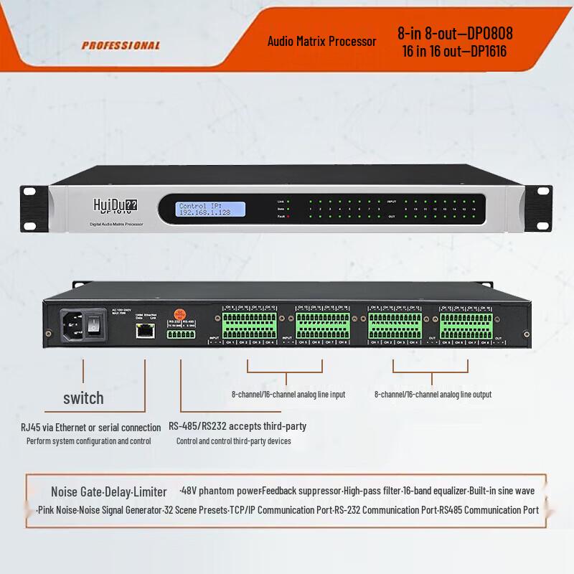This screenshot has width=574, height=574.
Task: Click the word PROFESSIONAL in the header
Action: coord(121,45)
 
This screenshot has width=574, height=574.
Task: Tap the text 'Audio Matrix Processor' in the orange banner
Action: coord(321,42)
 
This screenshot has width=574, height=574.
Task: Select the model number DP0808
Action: coord(487,33)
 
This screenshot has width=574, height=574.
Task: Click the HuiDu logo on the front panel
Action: coord(116,206)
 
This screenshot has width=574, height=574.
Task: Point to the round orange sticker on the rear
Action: coord(182,313)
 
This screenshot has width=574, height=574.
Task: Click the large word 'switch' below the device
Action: coord(83,397)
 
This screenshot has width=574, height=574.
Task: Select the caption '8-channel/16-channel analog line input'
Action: coord(288,395)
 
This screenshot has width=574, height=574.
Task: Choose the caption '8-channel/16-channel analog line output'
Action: coord(433,395)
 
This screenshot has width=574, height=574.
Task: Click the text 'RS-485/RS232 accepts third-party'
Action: coord(237,426)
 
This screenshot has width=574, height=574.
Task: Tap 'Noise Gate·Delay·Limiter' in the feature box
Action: coord(108,492)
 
